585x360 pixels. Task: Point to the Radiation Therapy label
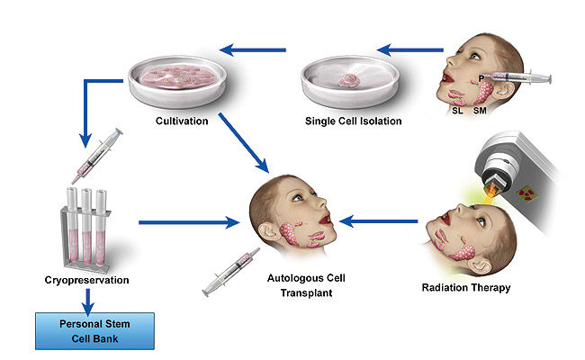pos(466,288)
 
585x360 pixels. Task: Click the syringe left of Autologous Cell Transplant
pos(230,272)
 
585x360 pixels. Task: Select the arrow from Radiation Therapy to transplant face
pos(382,219)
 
